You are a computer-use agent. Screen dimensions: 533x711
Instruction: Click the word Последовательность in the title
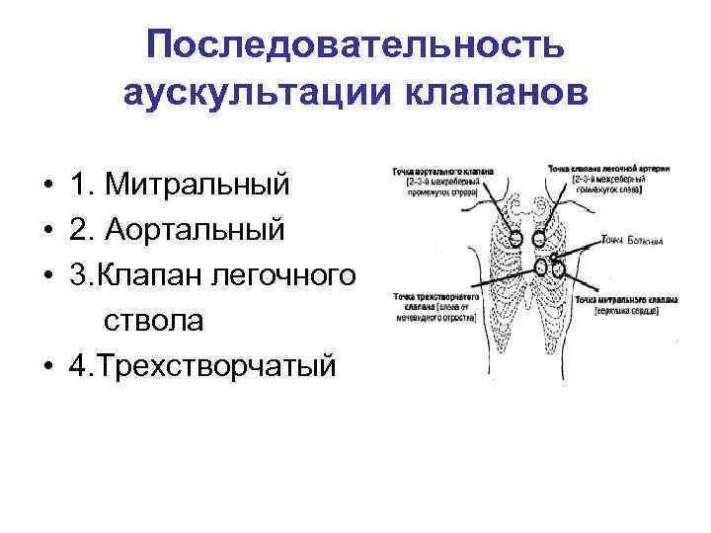coord(355,45)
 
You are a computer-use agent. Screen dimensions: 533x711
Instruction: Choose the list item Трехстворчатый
coord(202,366)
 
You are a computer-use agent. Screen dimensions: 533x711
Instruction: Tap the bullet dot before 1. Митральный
coord(47,185)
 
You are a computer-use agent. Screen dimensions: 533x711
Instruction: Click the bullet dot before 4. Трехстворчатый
coord(47,367)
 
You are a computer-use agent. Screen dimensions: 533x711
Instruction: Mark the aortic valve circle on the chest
coord(514,238)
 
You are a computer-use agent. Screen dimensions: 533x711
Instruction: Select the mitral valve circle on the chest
coord(558,266)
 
